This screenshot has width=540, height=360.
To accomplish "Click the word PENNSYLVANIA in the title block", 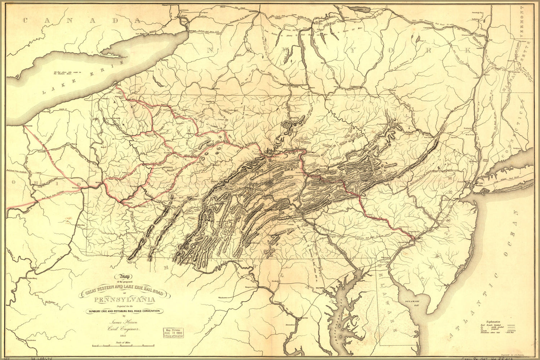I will pos(125,300).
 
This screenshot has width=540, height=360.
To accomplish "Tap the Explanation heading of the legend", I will pos(493,321).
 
